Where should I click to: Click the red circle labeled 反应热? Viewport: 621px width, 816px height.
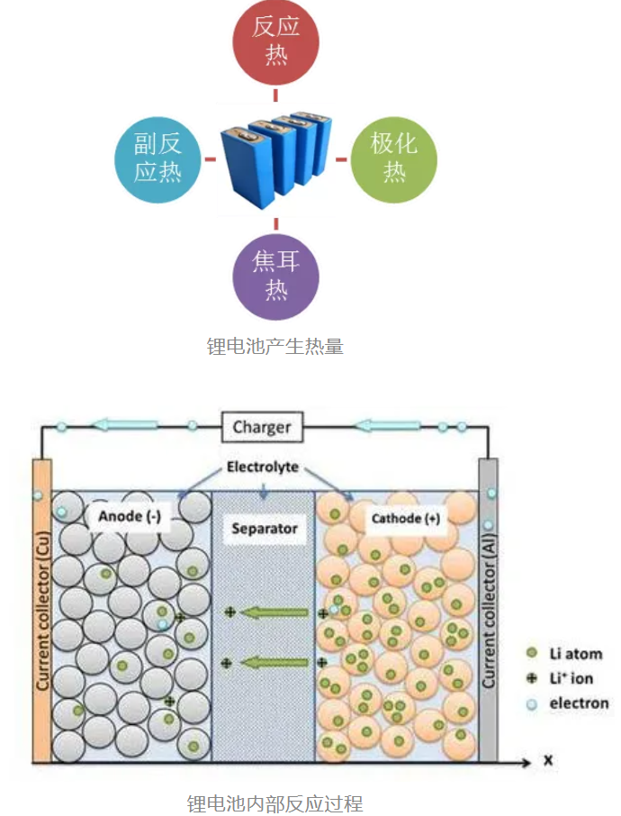pyautogui.click(x=275, y=41)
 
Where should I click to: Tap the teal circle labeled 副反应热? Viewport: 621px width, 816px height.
pyautogui.click(x=157, y=159)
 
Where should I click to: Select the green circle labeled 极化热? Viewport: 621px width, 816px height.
pyautogui.click(x=393, y=159)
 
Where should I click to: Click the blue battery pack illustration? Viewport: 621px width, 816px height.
pyautogui.click(x=275, y=158)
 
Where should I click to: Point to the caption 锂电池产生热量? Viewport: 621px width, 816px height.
pyautogui.click(x=275, y=346)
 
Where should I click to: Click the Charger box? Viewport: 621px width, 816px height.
pyautogui.click(x=262, y=427)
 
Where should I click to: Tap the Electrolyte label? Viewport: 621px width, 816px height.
pyautogui.click(x=262, y=468)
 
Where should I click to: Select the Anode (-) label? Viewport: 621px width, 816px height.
pyautogui.click(x=129, y=516)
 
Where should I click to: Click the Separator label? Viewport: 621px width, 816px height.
pyautogui.click(x=264, y=528)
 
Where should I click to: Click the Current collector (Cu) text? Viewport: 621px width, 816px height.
pyautogui.click(x=41, y=612)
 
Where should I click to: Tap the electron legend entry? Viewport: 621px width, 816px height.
pyautogui.click(x=568, y=703)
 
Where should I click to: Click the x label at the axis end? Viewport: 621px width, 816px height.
pyautogui.click(x=547, y=762)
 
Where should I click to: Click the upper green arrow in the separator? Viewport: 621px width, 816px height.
pyautogui.click(x=275, y=613)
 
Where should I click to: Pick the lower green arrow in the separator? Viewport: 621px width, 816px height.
pyautogui.click(x=275, y=663)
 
